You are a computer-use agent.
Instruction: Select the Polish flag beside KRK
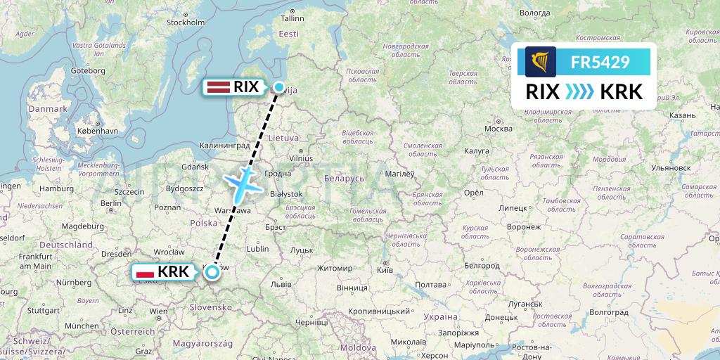[x=144, y=271]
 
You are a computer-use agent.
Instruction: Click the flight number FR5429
[x=599, y=63]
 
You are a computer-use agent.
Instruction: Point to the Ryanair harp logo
[x=540, y=63]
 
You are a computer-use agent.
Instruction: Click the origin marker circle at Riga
[x=279, y=87]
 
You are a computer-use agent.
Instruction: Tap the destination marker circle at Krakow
[x=212, y=271]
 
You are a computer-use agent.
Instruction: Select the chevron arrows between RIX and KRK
[x=579, y=92]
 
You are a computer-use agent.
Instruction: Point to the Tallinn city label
[x=292, y=18]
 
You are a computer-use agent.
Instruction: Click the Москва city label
[x=499, y=129]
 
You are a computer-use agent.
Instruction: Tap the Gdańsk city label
[x=195, y=167]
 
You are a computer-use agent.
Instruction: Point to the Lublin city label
[x=258, y=248]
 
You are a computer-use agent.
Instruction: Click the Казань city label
[x=683, y=115]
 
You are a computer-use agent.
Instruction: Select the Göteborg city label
[x=88, y=71]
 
